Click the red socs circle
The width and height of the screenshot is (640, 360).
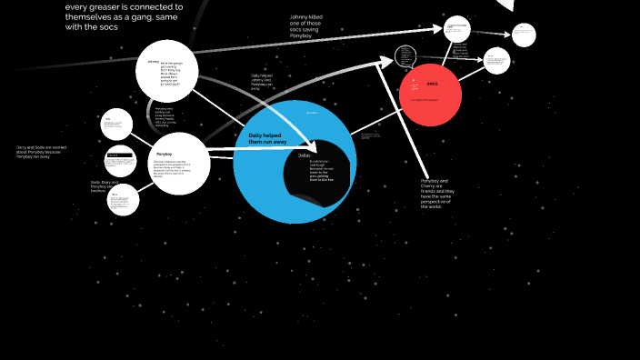pyautogui.click(x=431, y=95)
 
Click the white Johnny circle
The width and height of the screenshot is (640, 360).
pyautogui.click(x=167, y=71)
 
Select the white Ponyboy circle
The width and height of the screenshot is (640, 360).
pyautogui.click(x=179, y=163)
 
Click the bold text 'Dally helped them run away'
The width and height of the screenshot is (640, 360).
pyautogui.click(x=265, y=139)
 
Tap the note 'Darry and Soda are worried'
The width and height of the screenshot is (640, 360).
pyautogui.click(x=41, y=151)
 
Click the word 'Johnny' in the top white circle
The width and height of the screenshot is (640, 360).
pyautogui.click(x=153, y=62)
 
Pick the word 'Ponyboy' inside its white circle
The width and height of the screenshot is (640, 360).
pyautogui.click(x=165, y=141)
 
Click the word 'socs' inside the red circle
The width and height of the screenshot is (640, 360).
pyautogui.click(x=432, y=84)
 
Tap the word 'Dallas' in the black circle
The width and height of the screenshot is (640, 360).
pyautogui.click(x=304, y=155)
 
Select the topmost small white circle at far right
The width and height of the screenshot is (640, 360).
pyautogui.click(x=524, y=35)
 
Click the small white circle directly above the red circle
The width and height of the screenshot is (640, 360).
pyautogui.click(x=457, y=29)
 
